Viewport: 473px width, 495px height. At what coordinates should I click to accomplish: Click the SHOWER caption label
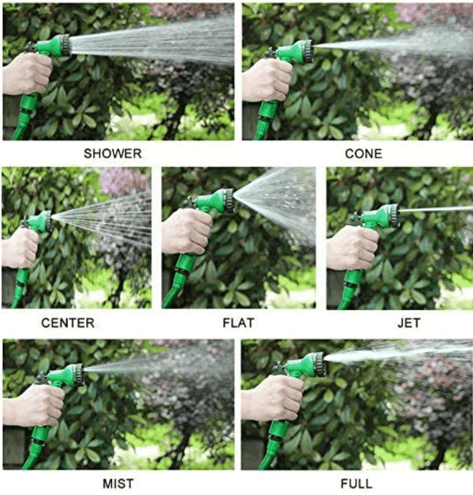click(x=112, y=153)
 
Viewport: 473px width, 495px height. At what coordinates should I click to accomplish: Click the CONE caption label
click(x=363, y=153)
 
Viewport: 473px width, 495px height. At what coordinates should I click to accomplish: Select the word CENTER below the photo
click(x=68, y=323)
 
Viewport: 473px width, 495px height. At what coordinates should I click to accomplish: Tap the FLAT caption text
click(x=238, y=323)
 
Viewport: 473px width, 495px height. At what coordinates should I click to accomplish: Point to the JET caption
click(x=408, y=323)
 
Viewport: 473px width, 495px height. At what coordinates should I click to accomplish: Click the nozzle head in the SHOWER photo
click(x=63, y=45)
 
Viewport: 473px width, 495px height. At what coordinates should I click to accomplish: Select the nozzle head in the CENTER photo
click(x=46, y=221)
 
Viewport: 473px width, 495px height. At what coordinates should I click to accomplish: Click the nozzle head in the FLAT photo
click(x=227, y=201)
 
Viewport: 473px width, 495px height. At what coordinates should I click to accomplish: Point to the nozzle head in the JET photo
click(x=392, y=215)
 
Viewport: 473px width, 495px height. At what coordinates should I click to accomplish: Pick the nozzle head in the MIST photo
click(x=76, y=374)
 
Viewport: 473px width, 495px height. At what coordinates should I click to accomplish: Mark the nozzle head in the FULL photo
click(x=318, y=365)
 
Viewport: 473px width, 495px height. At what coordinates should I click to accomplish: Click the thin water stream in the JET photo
click(x=438, y=209)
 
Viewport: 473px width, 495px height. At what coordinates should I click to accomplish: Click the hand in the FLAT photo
click(x=186, y=231)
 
